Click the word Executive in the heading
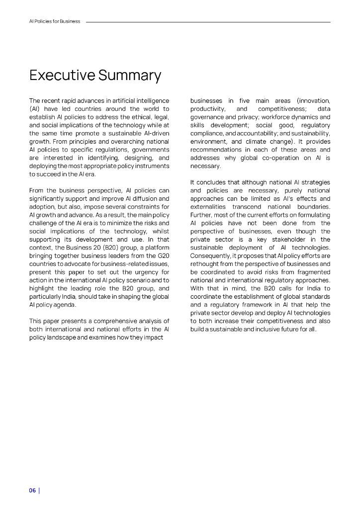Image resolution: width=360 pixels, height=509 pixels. [62, 76]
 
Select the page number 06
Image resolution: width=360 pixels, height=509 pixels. [32, 490]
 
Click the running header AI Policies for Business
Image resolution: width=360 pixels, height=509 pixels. [55, 21]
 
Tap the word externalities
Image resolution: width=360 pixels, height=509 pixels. [208, 206]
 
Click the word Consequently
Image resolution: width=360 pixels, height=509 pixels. [210, 255]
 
